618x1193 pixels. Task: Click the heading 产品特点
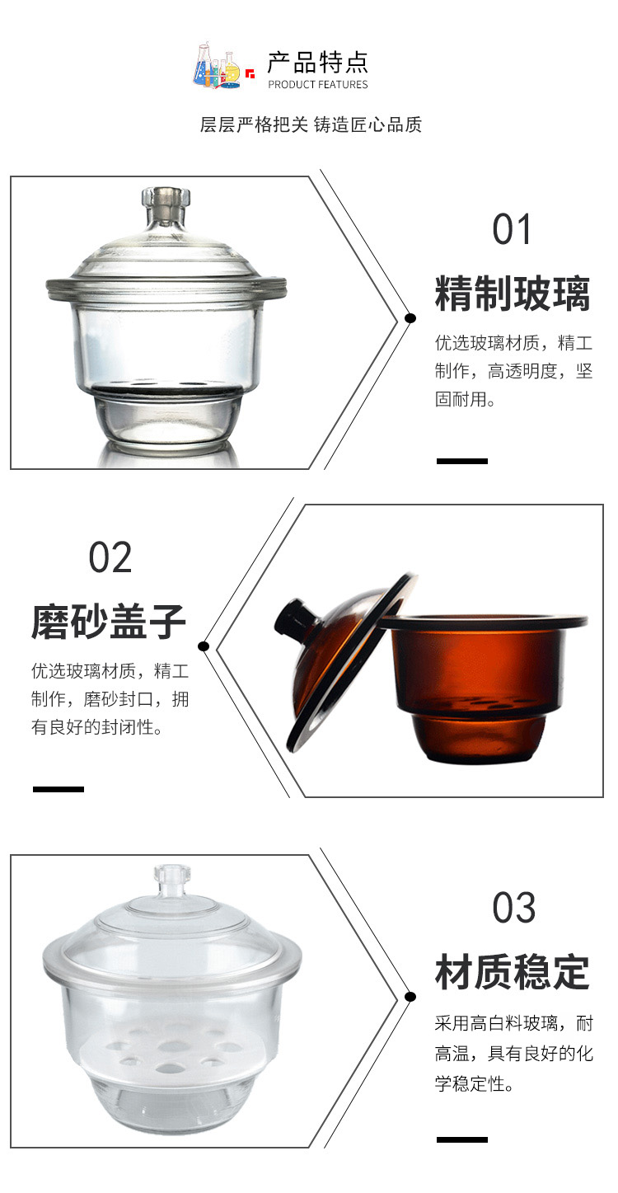[x=318, y=63]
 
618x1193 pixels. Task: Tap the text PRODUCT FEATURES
[x=318, y=84]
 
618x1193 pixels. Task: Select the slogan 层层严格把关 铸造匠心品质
[x=311, y=124]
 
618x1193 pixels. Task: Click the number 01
[x=512, y=229]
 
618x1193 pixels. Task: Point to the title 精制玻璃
[x=513, y=293]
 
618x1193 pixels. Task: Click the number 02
[x=110, y=557]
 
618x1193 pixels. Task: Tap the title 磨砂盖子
[x=109, y=621]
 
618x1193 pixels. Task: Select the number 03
[x=513, y=907]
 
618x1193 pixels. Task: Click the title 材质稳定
[x=513, y=972]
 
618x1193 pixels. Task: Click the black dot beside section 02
[x=203, y=646]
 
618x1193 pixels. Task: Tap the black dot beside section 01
[x=410, y=318]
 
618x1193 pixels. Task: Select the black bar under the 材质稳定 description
[x=462, y=1139]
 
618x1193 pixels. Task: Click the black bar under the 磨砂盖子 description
[x=59, y=789]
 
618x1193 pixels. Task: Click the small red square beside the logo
[x=250, y=73]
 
